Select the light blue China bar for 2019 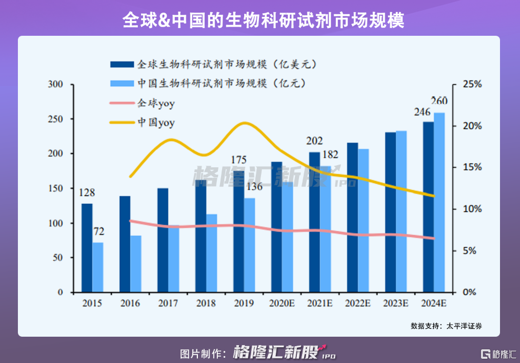coord(249,245)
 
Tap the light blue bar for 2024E coord(439,203)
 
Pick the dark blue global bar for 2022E coord(352,217)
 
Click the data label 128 coord(87,194)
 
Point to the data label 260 coord(439,101)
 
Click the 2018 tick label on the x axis coord(205,304)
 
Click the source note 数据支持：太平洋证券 coord(446,326)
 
